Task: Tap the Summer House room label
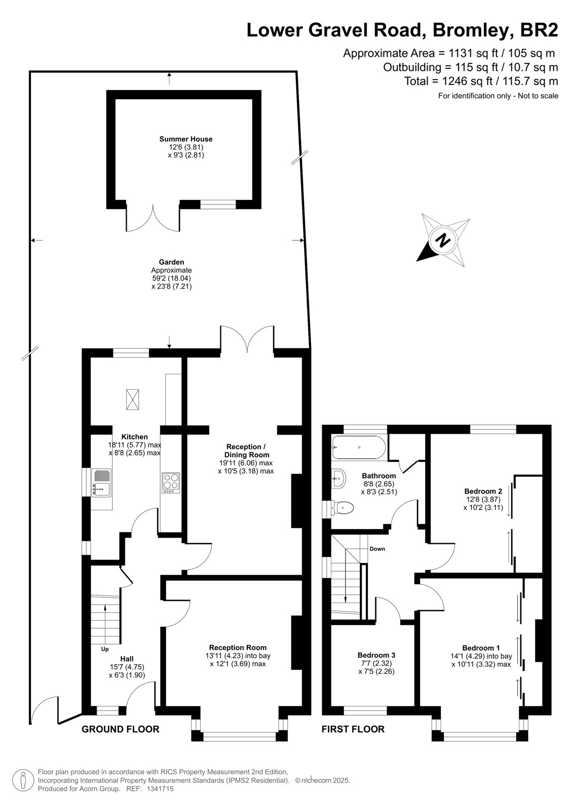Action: click(186, 139)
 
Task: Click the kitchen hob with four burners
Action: click(171, 483)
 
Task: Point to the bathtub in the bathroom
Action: click(359, 448)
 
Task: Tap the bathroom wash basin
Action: click(339, 479)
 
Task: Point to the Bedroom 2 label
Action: click(483, 491)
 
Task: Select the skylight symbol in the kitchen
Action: click(132, 399)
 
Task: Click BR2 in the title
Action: click(539, 30)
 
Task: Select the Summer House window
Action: click(218, 205)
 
